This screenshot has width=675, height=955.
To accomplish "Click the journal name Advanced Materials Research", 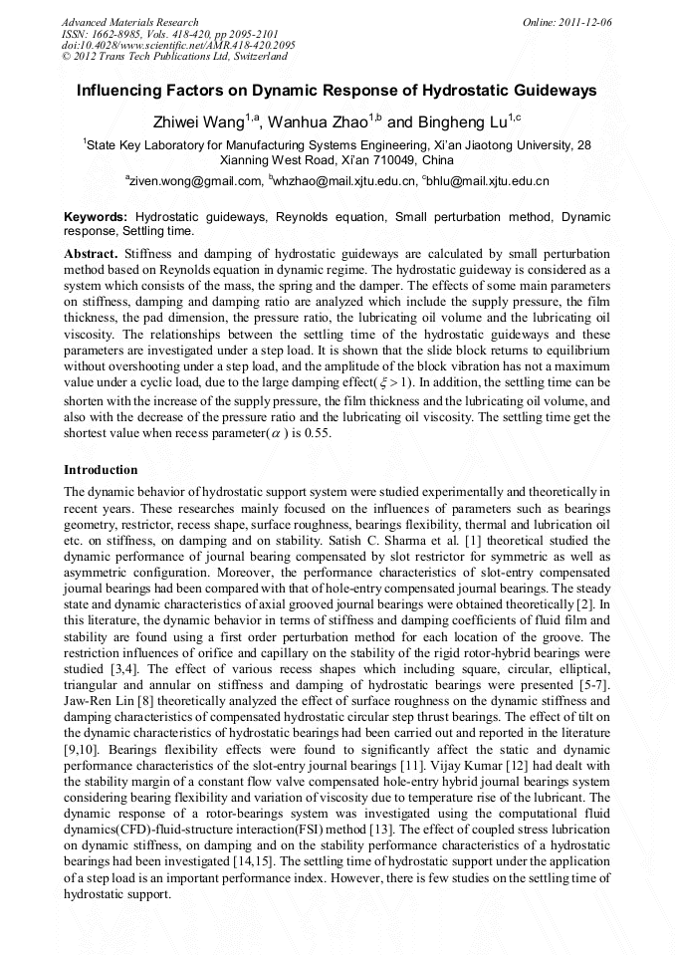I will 129,22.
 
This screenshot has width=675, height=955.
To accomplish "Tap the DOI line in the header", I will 178,45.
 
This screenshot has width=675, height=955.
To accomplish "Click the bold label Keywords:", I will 96,216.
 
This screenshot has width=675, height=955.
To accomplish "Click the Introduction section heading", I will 101,469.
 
